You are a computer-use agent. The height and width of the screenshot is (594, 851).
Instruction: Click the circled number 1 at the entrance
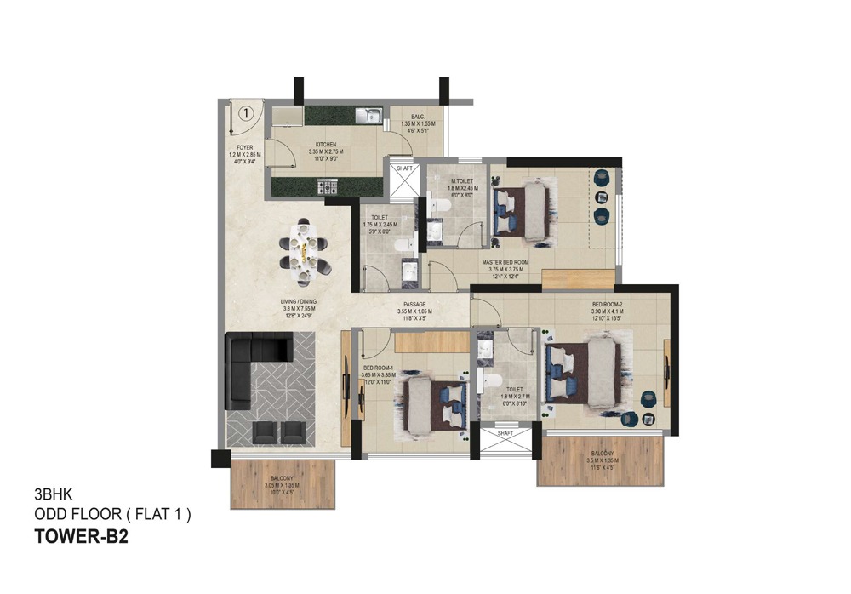click(246, 111)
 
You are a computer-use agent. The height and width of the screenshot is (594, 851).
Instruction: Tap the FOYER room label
click(244, 146)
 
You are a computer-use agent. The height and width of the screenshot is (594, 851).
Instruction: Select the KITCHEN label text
click(327, 145)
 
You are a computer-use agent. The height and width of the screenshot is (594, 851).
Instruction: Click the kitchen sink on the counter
click(368, 114)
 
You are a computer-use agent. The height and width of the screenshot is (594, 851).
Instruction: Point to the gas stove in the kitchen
click(327, 185)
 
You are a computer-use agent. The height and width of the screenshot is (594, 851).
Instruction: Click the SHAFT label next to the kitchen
click(404, 168)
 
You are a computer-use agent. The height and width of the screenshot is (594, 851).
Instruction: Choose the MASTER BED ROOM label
click(505, 263)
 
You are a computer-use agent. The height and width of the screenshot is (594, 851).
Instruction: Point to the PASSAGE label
click(411, 304)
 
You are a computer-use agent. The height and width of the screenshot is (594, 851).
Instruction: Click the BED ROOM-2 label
click(608, 304)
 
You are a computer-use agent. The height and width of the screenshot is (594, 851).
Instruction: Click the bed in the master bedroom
click(521, 208)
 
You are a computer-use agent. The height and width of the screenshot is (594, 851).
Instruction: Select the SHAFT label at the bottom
click(505, 433)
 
